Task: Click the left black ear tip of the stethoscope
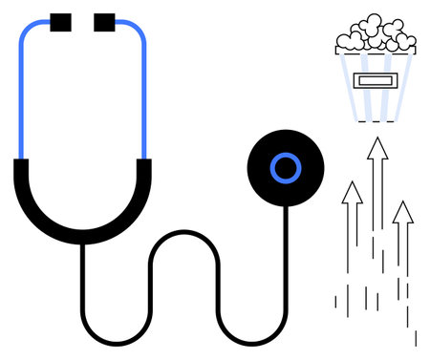tap(60, 20)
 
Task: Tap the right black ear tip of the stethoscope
tap(104, 20)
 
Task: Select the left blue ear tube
tap(21, 95)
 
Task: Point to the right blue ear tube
tap(144, 95)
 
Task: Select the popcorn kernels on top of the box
tap(376, 36)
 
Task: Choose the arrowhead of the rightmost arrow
tap(403, 212)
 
